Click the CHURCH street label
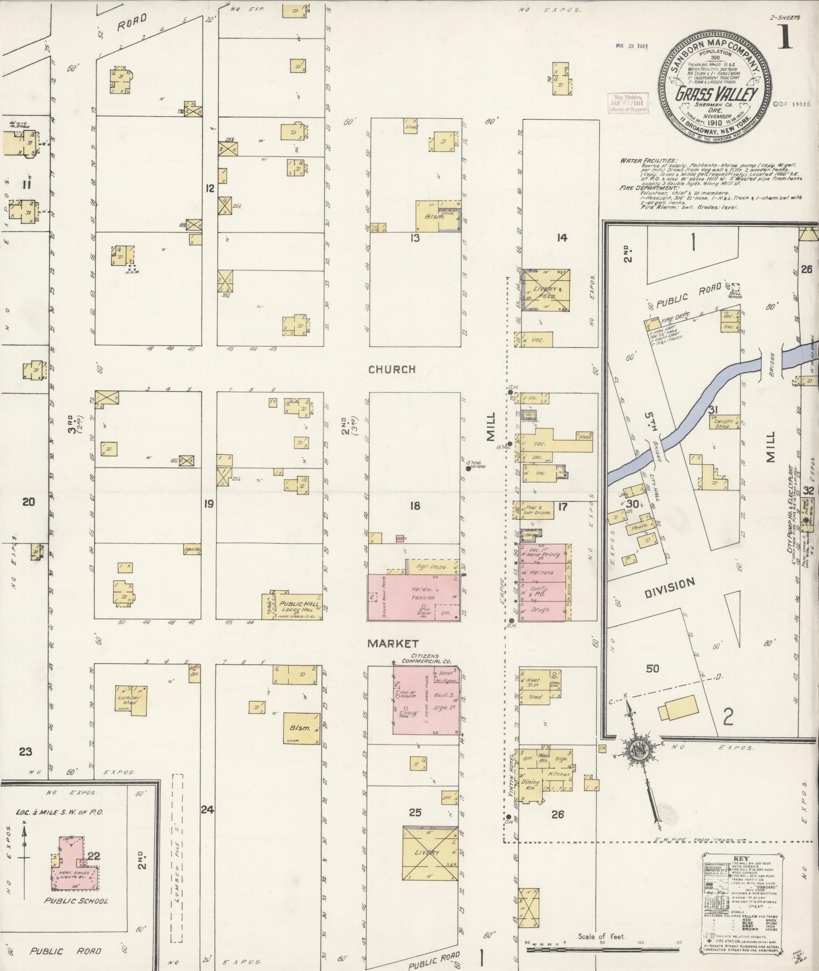(391, 370)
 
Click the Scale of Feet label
(601, 937)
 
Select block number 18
(415, 506)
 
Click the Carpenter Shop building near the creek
(723, 423)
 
